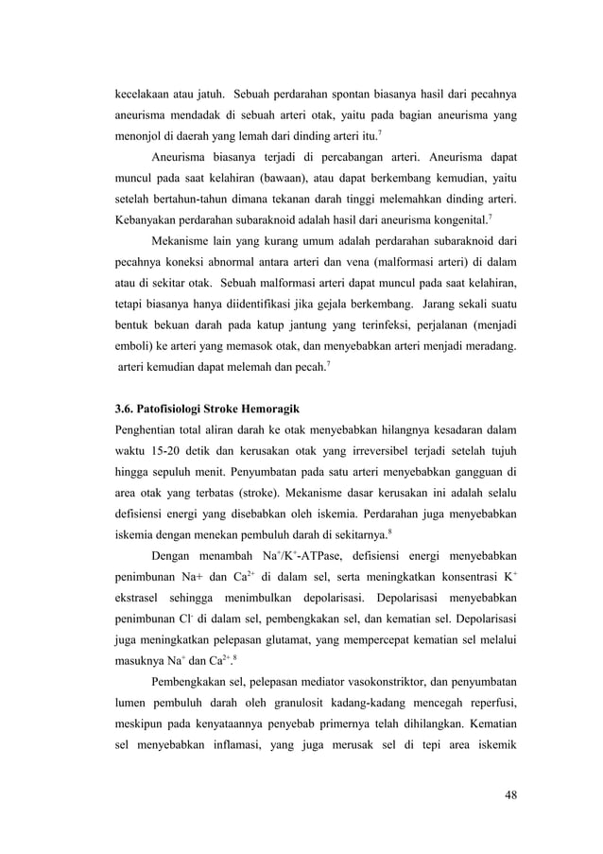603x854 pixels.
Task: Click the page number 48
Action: point(510,793)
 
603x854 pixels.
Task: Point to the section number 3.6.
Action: point(125,409)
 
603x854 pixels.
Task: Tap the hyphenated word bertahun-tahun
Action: point(198,200)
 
